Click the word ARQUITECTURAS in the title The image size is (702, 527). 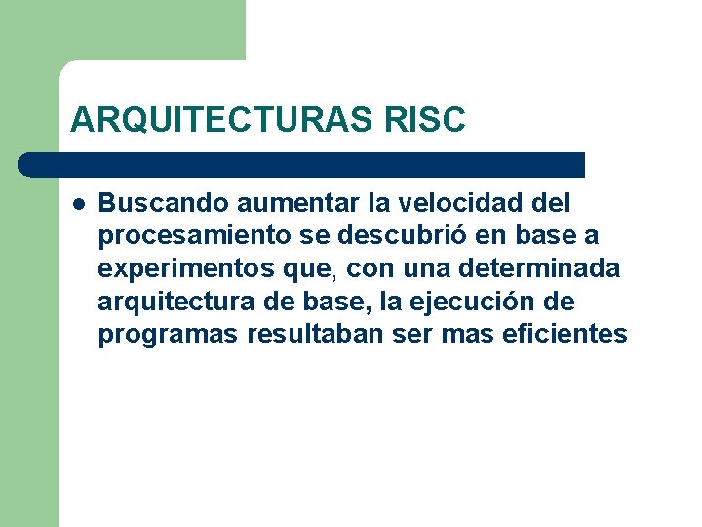click(211, 119)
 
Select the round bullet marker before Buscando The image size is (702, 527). click(78, 204)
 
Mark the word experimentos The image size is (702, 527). click(175, 269)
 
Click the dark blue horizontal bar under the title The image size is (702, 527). click(302, 164)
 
